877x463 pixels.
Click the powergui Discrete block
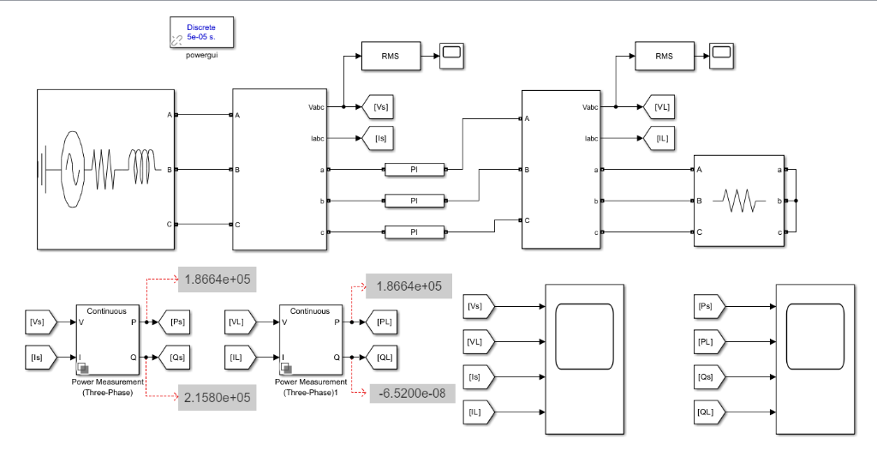[202, 33]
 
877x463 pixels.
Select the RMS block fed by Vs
[391, 57]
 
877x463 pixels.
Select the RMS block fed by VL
[664, 57]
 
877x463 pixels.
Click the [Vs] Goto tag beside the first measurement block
[381, 107]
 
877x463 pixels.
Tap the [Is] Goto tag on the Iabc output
[381, 137]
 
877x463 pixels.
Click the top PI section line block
[415, 170]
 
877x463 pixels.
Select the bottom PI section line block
[415, 232]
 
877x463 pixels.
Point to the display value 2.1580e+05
[217, 397]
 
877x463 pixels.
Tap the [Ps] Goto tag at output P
[176, 322]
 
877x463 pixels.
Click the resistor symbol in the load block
[738, 201]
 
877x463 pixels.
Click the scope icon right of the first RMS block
[451, 57]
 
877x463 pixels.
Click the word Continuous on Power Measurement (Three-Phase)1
[310, 311]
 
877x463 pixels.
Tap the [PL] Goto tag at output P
[382, 322]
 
